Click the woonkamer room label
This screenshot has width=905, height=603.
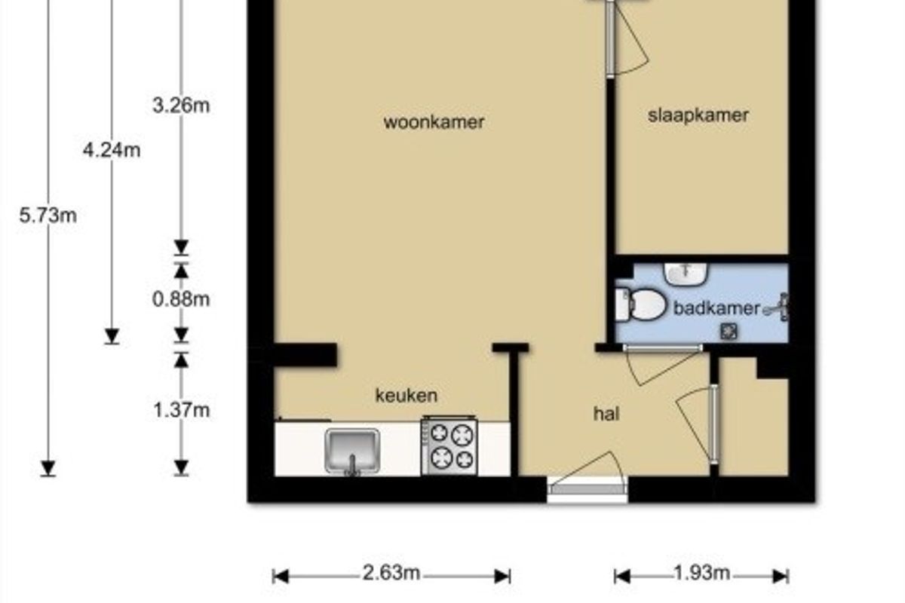click(434, 122)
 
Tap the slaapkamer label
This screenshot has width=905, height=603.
click(698, 115)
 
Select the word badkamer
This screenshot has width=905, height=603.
click(716, 308)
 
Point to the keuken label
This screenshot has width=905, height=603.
click(406, 396)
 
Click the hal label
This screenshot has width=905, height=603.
click(606, 414)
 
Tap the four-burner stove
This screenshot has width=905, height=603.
click(449, 446)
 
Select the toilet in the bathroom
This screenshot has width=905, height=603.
click(640, 305)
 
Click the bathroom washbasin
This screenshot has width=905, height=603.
click(686, 274)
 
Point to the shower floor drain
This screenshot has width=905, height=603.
click(729, 332)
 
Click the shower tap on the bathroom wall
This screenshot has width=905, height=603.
click(778, 308)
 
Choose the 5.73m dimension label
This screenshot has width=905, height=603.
click(48, 216)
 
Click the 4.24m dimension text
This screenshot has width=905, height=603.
click(112, 151)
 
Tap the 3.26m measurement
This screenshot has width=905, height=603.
click(182, 106)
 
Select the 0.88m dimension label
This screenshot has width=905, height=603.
click(182, 300)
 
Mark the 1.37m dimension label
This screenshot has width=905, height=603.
click(182, 410)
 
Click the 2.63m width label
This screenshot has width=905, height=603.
click(391, 573)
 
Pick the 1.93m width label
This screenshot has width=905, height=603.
click(702, 573)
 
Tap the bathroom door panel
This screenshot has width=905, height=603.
click(663, 348)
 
